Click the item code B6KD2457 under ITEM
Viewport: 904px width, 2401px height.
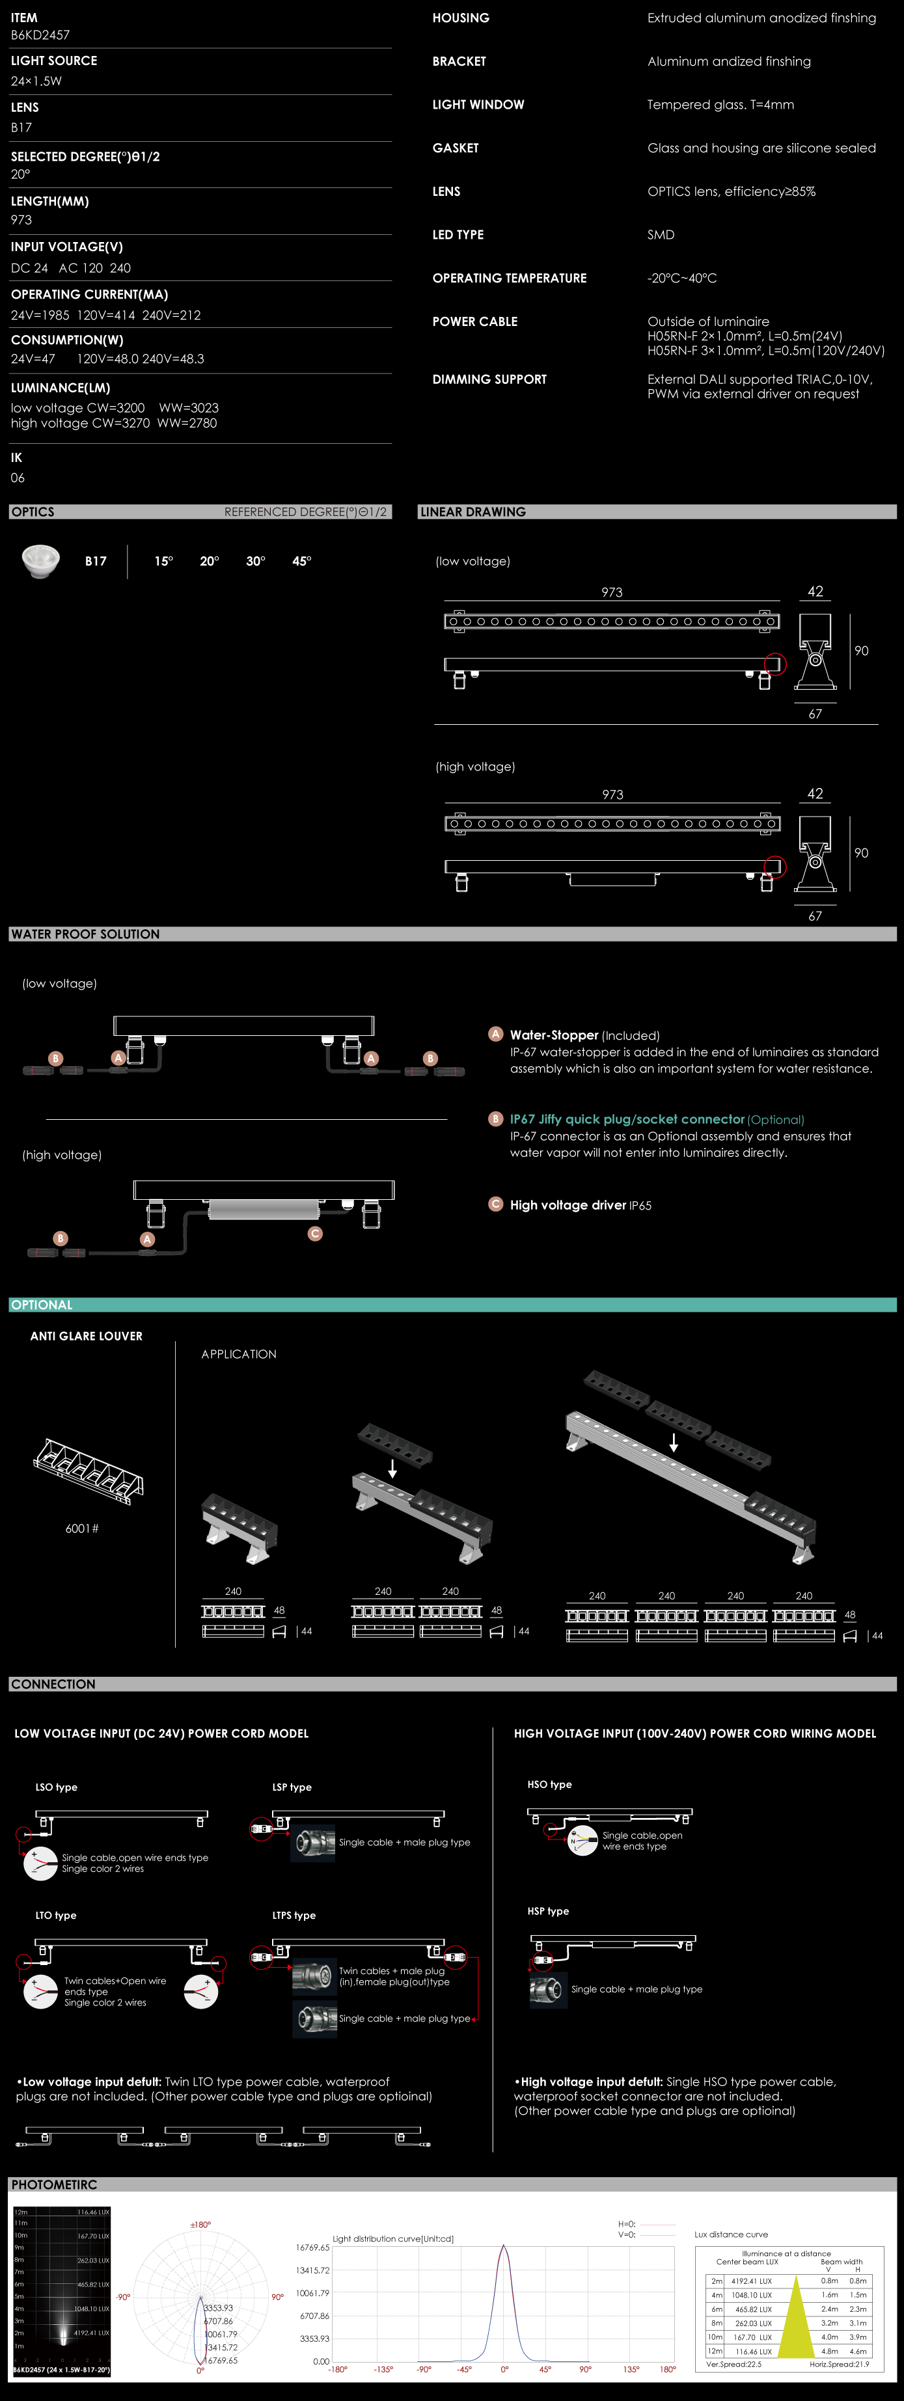point(40,35)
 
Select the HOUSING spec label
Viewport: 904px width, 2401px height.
point(460,18)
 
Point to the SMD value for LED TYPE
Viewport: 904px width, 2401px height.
point(661,235)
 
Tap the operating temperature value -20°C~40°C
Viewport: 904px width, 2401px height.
point(682,278)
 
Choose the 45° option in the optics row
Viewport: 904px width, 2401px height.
point(302,561)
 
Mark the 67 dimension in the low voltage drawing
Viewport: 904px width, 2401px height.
point(815,714)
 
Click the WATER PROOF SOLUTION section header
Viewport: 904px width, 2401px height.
point(85,934)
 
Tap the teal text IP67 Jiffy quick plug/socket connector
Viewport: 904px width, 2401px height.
point(627,1119)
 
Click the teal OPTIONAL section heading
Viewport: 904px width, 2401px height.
point(42,1305)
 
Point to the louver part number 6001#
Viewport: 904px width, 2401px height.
point(82,1528)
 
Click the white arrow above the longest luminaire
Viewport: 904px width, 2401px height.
point(674,1442)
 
